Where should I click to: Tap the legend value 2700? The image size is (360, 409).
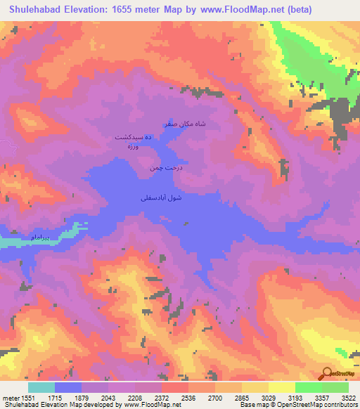(x=214, y=398)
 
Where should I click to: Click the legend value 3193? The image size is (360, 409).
(x=294, y=398)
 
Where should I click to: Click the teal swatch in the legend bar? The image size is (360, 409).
(x=41, y=387)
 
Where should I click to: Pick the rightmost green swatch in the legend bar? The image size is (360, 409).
(x=335, y=387)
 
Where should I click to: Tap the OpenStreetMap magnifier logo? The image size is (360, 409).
(x=328, y=374)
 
